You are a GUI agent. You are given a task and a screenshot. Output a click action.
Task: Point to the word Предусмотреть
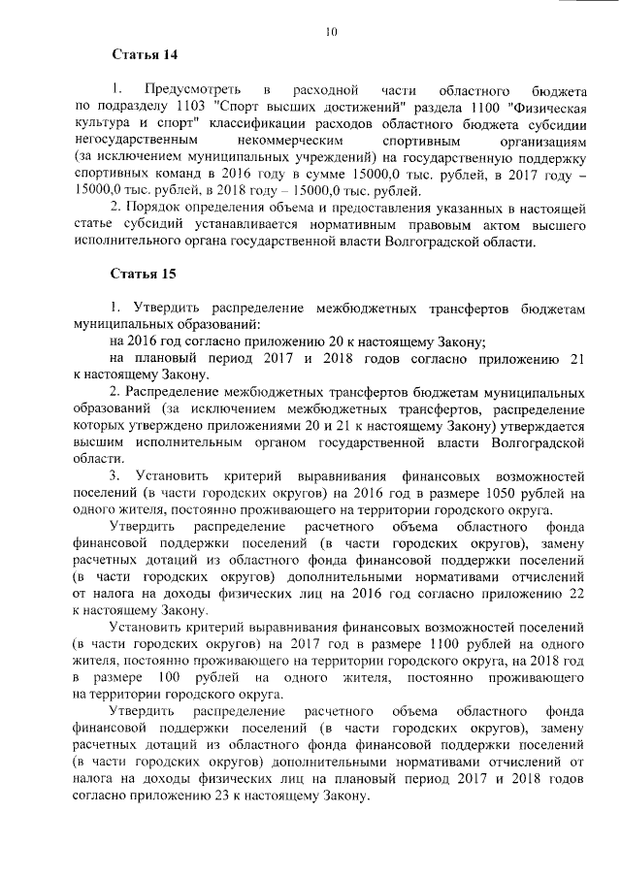click(x=190, y=90)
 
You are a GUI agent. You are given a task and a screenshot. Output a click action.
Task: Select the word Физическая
click(x=543, y=107)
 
